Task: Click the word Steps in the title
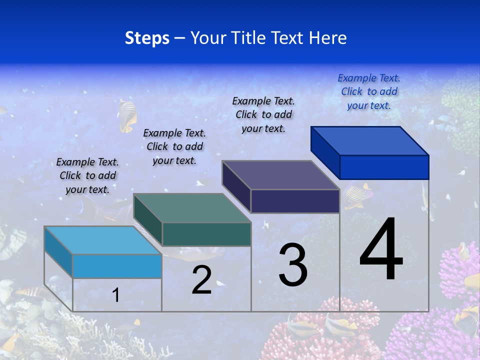(147, 38)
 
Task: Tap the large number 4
(381, 249)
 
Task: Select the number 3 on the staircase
(293, 265)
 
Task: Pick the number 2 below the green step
(201, 280)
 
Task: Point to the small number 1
(116, 295)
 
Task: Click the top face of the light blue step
(103, 240)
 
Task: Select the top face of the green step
(192, 208)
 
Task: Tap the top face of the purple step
(281, 175)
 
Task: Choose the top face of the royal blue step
(370, 141)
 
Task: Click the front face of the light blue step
(117, 266)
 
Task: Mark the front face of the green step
(206, 234)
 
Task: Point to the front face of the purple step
(295, 201)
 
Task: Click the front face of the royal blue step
(384, 167)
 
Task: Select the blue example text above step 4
(369, 91)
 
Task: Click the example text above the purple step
(263, 114)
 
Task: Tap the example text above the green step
(174, 146)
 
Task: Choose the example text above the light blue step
(87, 175)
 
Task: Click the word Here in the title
(328, 38)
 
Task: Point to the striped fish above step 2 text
(128, 109)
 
